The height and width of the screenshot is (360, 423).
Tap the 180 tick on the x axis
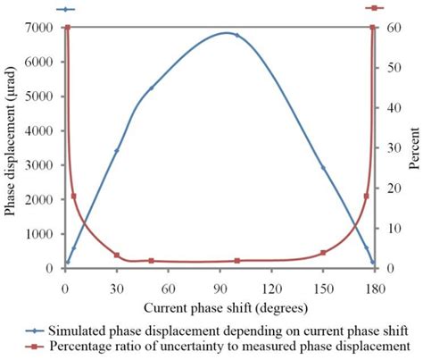pyautogui.click(x=375, y=289)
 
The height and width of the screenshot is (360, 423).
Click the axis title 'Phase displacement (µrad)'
pyautogui.click(x=10, y=148)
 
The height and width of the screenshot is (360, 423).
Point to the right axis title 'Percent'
pyautogui.click(x=414, y=148)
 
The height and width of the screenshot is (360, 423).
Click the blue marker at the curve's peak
pyautogui.click(x=236, y=35)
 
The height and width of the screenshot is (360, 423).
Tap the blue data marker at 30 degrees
pyautogui.click(x=116, y=151)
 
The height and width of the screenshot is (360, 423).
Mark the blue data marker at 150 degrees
pyautogui.click(x=323, y=167)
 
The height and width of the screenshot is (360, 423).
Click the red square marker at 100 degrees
pyautogui.click(x=236, y=261)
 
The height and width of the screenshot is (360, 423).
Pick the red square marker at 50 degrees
pyautogui.click(x=151, y=261)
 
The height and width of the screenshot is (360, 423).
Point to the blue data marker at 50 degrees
pyautogui.click(x=151, y=88)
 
